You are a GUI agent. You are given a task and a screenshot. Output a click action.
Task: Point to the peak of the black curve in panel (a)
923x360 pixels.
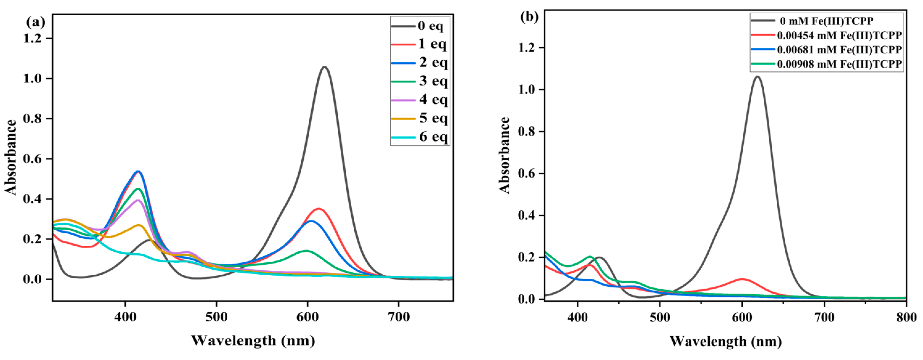point(325,67)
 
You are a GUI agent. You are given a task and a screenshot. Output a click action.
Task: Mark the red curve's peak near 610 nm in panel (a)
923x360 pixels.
point(318,208)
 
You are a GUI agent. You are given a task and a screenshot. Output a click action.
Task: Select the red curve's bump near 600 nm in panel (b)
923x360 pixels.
point(742,279)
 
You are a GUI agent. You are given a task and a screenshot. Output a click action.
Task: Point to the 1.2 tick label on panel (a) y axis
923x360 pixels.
point(33,38)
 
